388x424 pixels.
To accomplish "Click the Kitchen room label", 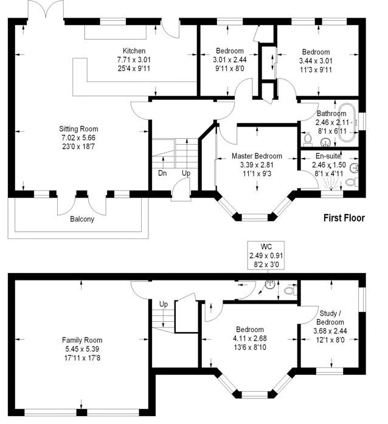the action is click(134, 51).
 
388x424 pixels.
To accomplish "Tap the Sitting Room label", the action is click(78, 129).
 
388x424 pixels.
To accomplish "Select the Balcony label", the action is click(82, 219).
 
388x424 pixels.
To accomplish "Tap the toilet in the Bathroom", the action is click(308, 138).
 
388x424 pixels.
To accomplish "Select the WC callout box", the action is click(266, 255).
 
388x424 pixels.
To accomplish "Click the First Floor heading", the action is click(344, 218).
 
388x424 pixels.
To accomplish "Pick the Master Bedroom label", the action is click(257, 156).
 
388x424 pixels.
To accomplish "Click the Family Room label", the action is click(82, 340).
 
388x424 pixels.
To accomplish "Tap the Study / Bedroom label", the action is click(330, 318).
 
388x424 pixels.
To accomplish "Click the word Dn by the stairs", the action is click(162, 173).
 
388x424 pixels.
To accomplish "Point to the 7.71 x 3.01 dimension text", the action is click(134, 60).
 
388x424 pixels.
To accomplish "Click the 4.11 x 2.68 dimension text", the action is click(249, 338).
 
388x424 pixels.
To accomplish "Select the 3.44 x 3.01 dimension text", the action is click(316, 61).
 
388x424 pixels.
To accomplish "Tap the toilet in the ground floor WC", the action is click(290, 291).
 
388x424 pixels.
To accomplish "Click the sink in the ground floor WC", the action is click(270, 285).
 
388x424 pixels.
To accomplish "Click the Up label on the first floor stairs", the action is click(186, 173).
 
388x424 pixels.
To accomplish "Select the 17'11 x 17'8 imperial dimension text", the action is click(82, 358).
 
